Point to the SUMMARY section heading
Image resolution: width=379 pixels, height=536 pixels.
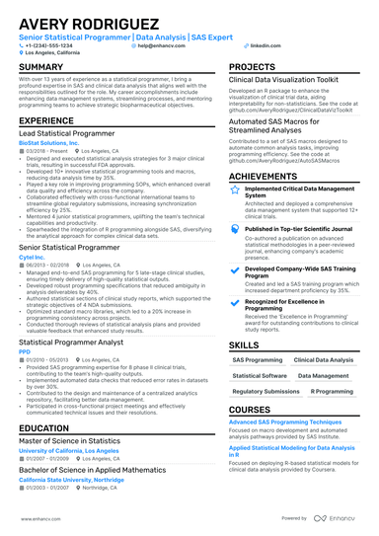pyautogui.click(x=40, y=66)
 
